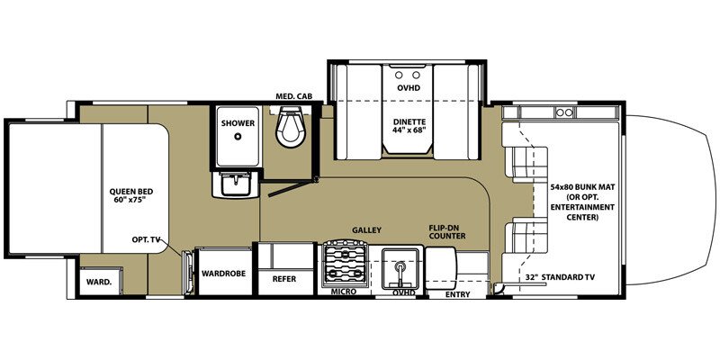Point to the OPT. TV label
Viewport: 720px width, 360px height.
[147, 241]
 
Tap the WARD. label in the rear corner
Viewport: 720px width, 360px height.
[99, 281]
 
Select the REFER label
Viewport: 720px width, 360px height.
[283, 279]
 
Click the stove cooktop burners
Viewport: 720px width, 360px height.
[344, 263]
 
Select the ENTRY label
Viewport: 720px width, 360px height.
[457, 293]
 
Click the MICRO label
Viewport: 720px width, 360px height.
[343, 292]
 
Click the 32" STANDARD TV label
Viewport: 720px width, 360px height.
[559, 278]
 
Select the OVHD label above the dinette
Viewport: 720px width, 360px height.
[409, 87]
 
